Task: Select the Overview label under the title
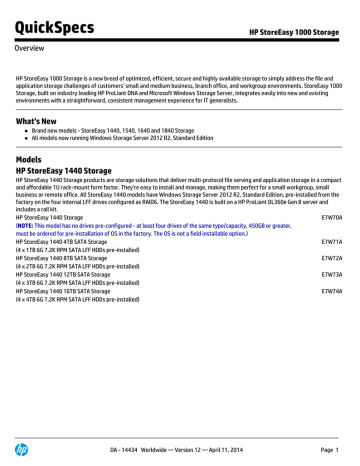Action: point(34,47)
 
